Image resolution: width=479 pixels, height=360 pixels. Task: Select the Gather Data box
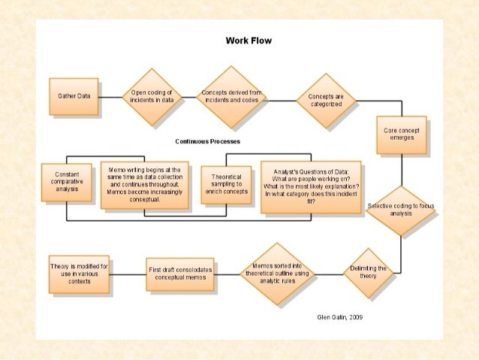click(x=74, y=96)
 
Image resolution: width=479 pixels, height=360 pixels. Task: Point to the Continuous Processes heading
click(x=208, y=141)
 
